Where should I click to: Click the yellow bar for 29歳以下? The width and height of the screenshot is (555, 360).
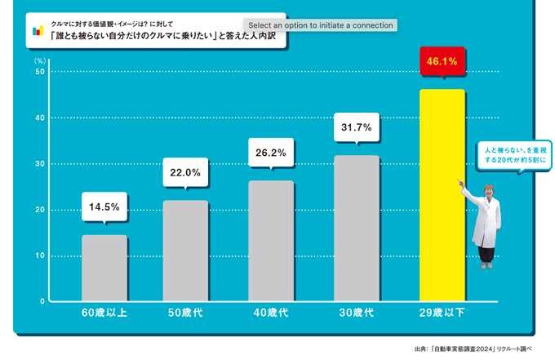point(442,195)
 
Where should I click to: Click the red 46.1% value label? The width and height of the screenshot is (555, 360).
point(442,61)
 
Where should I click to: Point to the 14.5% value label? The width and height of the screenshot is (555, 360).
point(104,207)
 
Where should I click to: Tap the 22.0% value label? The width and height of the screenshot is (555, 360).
point(185,172)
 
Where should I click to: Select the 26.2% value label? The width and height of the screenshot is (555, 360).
point(271,153)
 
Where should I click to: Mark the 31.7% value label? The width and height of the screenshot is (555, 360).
point(357,127)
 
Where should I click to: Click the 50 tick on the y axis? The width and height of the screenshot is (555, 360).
point(39,72)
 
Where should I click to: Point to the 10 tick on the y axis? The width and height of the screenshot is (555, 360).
point(39,256)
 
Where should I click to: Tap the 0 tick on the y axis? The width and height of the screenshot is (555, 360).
point(42,301)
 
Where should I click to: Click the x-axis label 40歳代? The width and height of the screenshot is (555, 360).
point(271,313)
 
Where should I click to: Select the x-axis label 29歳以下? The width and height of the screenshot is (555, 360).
point(442,313)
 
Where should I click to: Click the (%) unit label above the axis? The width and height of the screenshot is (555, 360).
point(39,60)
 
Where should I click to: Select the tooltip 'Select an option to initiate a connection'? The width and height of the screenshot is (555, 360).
point(321,25)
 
